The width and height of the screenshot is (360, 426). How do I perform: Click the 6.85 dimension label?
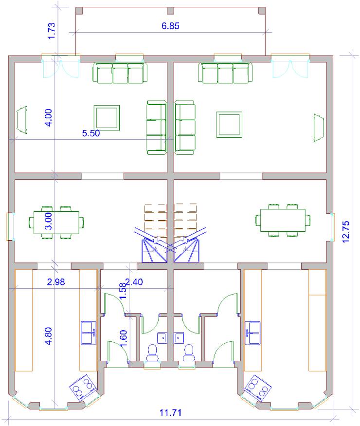170,26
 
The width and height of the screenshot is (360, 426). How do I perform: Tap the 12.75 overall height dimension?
346,232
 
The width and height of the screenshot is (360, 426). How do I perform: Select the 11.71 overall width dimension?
170,412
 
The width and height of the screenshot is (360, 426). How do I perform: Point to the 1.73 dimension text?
51,31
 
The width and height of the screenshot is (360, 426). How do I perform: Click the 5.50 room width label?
91,133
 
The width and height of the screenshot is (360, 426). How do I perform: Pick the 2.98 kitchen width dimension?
56,282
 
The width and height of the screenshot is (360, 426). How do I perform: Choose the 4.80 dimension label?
49,336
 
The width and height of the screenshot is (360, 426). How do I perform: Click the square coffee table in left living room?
107,118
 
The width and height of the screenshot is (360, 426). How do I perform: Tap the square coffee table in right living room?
229,125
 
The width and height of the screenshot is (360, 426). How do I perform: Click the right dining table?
283,220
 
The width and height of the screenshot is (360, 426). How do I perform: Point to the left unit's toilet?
152,353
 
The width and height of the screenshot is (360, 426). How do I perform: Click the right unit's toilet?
188,353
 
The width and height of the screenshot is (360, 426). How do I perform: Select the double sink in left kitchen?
89,333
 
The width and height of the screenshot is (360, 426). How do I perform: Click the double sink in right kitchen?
252,333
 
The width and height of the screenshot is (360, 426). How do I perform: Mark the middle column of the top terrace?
170,11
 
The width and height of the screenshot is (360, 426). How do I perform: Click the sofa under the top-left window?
120,73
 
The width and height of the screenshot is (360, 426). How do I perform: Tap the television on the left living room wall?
22,120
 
